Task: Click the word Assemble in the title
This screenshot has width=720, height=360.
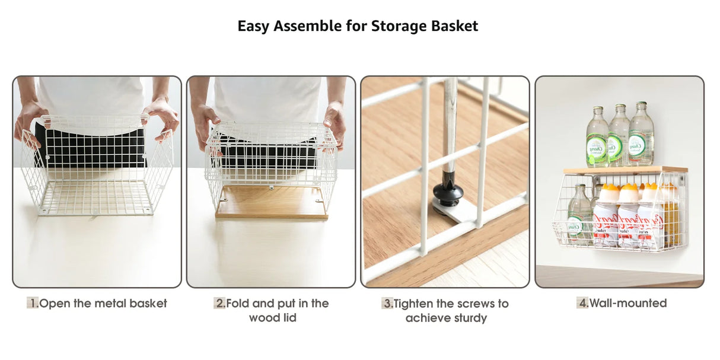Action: [308, 26]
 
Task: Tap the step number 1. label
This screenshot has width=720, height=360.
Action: [33, 303]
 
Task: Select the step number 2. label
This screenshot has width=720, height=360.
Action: [219, 303]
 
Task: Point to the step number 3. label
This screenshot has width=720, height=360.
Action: [387, 304]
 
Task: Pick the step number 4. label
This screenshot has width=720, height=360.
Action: [582, 303]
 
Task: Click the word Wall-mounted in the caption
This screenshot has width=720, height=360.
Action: [628, 303]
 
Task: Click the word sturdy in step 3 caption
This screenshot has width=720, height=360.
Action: [468, 318]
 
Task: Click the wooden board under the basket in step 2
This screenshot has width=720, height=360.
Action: [272, 202]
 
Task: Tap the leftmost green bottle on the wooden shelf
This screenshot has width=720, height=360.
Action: [597, 138]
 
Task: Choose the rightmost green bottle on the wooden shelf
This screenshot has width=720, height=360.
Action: [641, 135]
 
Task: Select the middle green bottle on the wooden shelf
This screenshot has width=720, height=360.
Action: [619, 136]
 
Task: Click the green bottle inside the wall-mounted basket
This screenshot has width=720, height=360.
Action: [579, 214]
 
